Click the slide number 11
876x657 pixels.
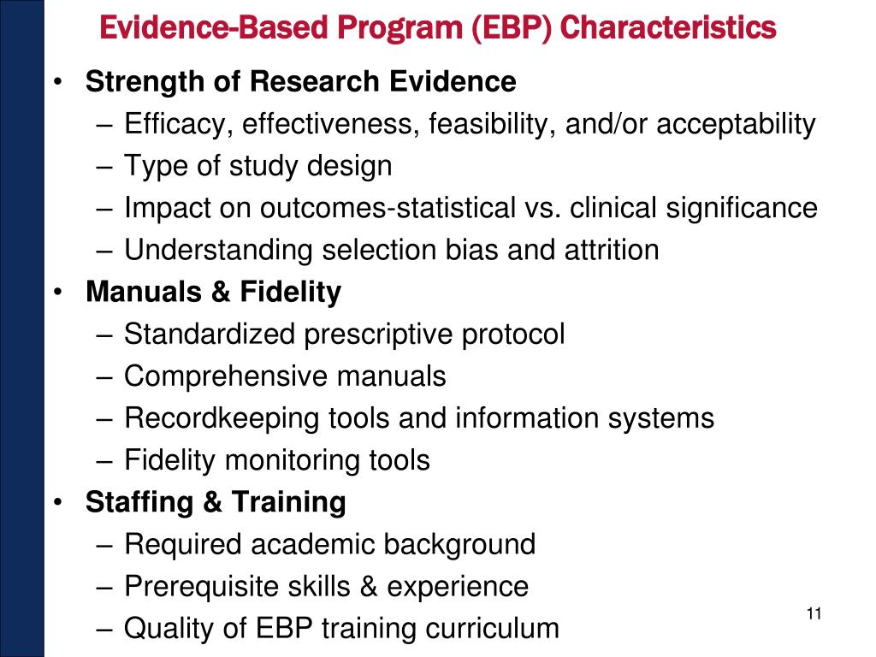[x=814, y=614]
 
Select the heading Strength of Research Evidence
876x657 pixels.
[x=300, y=82]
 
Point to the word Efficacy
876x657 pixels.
[x=173, y=125]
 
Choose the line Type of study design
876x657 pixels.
[x=257, y=166]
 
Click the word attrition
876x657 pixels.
[x=609, y=250]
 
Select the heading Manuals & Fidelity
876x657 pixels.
[x=213, y=293]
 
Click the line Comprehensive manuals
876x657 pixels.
[x=285, y=376]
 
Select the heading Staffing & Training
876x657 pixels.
[x=216, y=502]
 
